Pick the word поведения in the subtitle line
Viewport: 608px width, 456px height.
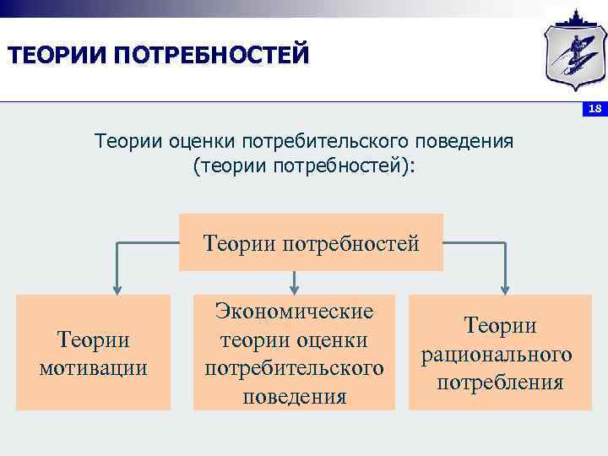click(x=470, y=140)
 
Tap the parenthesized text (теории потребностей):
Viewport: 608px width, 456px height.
click(x=304, y=166)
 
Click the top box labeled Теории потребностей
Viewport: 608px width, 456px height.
click(x=311, y=243)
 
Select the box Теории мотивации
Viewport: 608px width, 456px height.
click(x=93, y=353)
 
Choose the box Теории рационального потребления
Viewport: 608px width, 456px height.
click(x=500, y=353)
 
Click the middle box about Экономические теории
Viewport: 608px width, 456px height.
click(x=294, y=353)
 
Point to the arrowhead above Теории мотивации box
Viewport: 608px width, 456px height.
click(x=117, y=285)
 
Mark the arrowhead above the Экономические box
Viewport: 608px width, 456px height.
click(x=294, y=285)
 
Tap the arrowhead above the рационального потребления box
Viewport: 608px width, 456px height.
click(x=504, y=285)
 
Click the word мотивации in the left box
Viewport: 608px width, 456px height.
click(x=93, y=368)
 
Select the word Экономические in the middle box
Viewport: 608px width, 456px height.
click(x=294, y=311)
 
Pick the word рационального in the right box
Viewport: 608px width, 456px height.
click(x=500, y=354)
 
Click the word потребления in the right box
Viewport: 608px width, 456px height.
click(x=500, y=383)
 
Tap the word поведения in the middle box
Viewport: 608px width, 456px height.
click(x=294, y=396)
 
